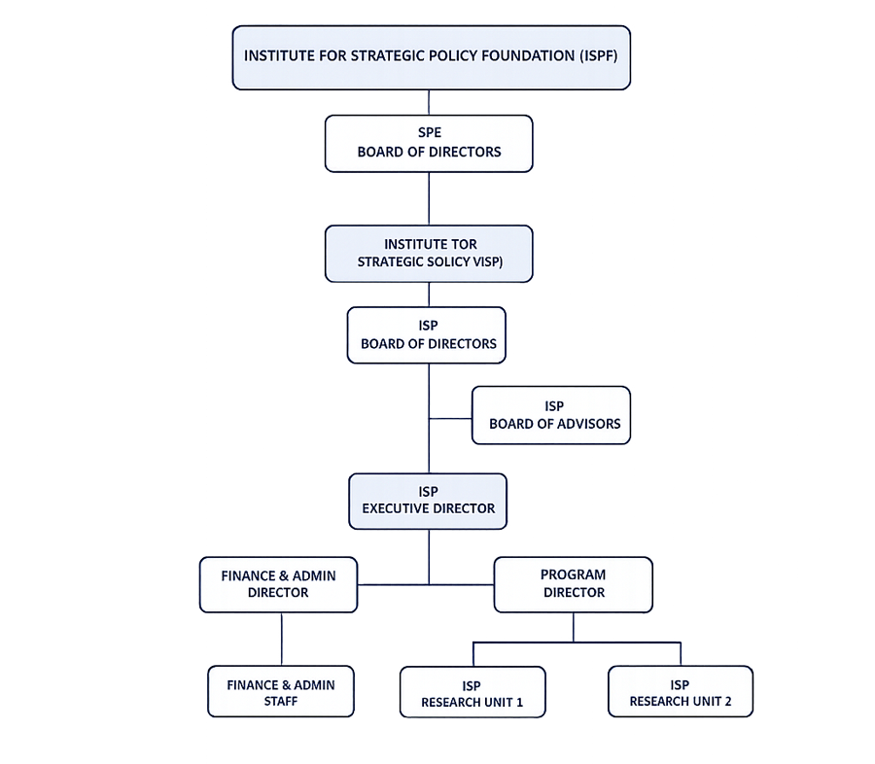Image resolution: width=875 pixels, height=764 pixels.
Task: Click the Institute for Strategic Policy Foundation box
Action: click(x=432, y=57)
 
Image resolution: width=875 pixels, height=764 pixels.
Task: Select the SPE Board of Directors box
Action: click(x=429, y=144)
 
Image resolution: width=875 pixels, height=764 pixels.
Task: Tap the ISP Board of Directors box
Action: click(x=427, y=334)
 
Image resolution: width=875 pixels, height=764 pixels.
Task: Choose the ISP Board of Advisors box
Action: click(x=551, y=415)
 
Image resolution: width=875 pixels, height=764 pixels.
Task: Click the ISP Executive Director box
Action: click(x=428, y=502)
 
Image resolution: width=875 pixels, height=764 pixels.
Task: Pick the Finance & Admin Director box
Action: click(x=278, y=584)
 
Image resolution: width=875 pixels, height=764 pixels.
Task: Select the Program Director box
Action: click(x=573, y=584)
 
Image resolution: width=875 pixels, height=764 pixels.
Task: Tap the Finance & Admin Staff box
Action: click(x=281, y=691)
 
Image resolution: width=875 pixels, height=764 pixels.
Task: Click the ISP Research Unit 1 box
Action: click(x=472, y=692)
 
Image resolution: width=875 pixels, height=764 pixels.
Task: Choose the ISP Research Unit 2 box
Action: click(x=681, y=691)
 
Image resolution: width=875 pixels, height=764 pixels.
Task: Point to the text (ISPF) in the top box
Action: click(x=598, y=55)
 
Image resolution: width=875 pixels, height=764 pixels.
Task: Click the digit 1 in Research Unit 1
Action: click(x=519, y=702)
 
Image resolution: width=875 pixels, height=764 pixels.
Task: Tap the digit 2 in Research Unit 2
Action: click(x=727, y=702)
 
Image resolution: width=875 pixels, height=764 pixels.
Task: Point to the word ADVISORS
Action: click(x=587, y=424)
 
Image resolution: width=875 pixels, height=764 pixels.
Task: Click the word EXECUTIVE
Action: click(x=396, y=508)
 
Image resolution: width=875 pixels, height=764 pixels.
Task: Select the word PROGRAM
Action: click(x=573, y=574)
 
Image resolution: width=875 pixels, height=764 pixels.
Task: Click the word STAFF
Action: click(x=281, y=701)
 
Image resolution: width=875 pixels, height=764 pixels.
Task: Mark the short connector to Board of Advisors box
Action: click(x=450, y=419)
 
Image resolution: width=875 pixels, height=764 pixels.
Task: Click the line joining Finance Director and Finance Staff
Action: click(x=282, y=639)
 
